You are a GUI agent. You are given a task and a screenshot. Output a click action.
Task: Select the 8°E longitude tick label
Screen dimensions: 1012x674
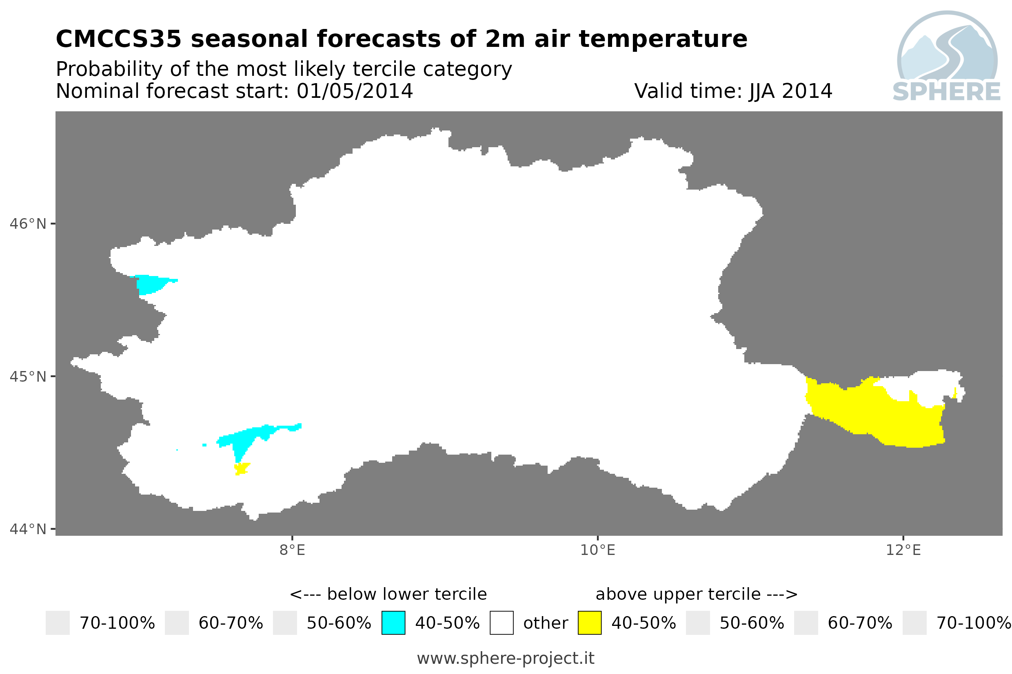point(293,550)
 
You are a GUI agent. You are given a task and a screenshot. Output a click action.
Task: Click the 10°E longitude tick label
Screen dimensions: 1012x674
point(598,550)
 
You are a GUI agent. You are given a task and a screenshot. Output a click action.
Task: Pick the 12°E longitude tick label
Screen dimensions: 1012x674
point(903,550)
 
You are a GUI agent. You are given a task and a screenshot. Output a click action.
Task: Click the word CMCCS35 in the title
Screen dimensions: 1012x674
point(119,39)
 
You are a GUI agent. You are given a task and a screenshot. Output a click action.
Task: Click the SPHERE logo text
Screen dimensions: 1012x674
point(947,92)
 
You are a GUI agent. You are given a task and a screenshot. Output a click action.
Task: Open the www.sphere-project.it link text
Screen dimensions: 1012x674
point(506,658)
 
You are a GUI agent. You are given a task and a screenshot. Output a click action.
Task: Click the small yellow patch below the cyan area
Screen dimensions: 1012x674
point(242,468)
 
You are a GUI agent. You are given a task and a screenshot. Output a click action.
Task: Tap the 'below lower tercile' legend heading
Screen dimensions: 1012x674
point(388,594)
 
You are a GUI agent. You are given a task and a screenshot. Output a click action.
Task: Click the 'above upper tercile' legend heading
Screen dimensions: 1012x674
point(696,594)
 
